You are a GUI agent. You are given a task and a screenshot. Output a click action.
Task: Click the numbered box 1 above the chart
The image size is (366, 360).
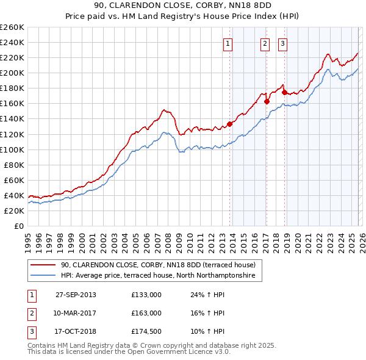click(x=228, y=43)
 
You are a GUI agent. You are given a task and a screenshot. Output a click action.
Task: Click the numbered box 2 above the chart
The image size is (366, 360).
click(x=265, y=43)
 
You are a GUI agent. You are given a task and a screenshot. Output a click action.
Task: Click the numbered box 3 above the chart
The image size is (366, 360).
click(x=283, y=43)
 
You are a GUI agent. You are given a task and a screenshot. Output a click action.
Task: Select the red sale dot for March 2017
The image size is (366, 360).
click(x=267, y=101)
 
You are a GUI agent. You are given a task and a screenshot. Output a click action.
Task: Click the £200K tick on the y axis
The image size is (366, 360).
click(x=12, y=73)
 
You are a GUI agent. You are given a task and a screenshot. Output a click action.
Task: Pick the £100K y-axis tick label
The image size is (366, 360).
click(x=12, y=149)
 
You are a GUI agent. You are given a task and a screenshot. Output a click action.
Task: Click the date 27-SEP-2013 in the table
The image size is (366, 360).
click(x=76, y=295)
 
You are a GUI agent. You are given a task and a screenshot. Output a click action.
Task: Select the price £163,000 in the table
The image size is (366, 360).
click(x=146, y=313)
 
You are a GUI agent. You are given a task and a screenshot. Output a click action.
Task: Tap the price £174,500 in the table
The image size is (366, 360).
click(x=146, y=331)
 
